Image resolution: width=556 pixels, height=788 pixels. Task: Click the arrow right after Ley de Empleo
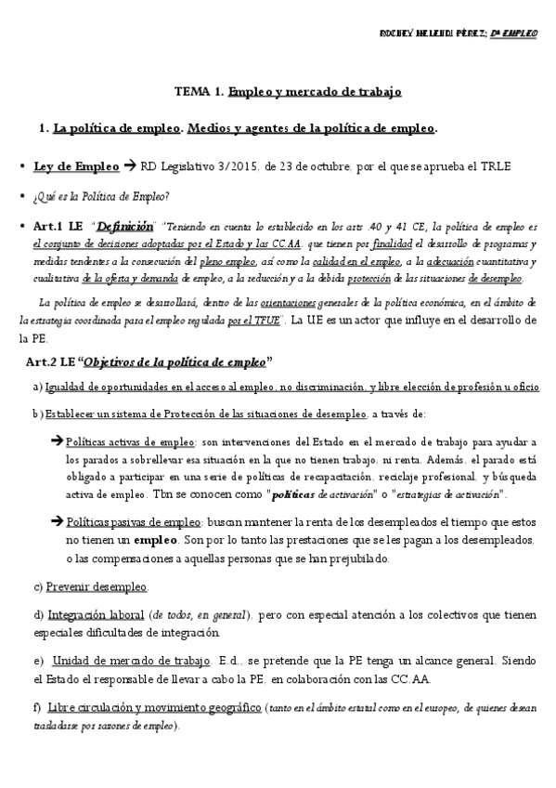129,167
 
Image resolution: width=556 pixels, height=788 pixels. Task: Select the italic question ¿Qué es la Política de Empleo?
100,196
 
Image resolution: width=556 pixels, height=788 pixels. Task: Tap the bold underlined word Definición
124,226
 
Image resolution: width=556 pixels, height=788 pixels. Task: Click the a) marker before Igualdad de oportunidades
37,387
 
